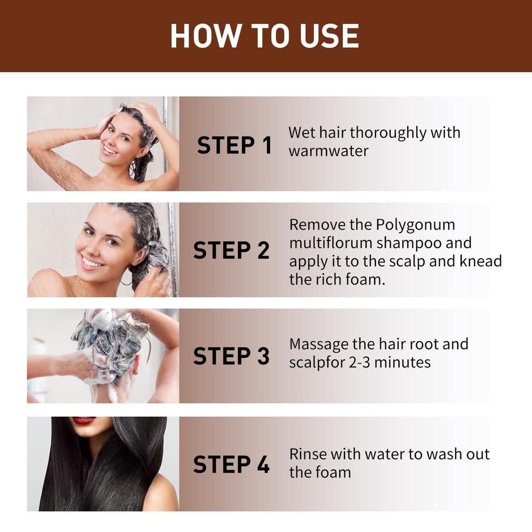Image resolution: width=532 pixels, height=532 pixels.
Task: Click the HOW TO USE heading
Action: (265, 36)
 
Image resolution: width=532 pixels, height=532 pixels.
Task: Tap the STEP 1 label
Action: (234, 145)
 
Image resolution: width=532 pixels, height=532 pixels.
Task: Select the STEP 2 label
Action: (232, 250)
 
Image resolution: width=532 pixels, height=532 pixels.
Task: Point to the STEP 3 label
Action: (232, 356)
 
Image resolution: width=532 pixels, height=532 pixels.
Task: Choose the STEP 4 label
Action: (232, 464)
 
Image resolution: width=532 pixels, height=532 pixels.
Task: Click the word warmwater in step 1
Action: (328, 151)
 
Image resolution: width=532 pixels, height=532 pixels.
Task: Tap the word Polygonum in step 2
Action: (415, 224)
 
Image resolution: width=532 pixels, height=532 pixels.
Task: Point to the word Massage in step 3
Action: (318, 344)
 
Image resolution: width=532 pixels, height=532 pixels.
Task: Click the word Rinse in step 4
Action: (308, 454)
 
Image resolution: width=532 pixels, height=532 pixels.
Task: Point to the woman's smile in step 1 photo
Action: (110, 150)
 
